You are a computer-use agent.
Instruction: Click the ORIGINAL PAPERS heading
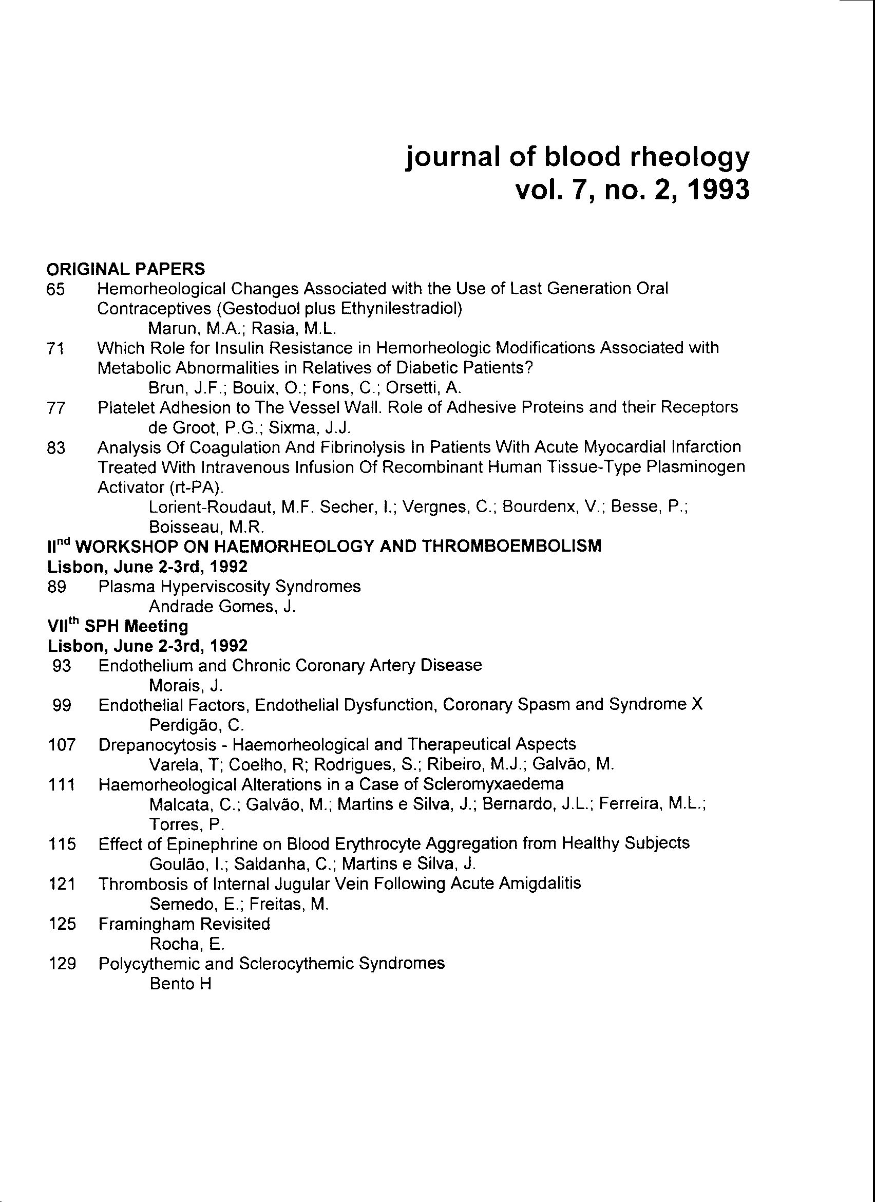(125, 269)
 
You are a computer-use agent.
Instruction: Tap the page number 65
(55, 290)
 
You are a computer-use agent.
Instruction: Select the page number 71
(55, 349)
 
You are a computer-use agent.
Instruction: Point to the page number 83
(56, 448)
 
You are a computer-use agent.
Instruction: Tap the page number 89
(56, 587)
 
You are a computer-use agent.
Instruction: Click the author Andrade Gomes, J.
(222, 607)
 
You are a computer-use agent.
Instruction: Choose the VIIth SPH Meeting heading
(118, 627)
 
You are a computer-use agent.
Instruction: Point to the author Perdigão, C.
(189, 725)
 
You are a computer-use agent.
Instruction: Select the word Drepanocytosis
(157, 745)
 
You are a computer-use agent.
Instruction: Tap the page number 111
(62, 785)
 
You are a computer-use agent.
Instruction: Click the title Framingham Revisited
(184, 924)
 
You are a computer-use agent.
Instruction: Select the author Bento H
(181, 984)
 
